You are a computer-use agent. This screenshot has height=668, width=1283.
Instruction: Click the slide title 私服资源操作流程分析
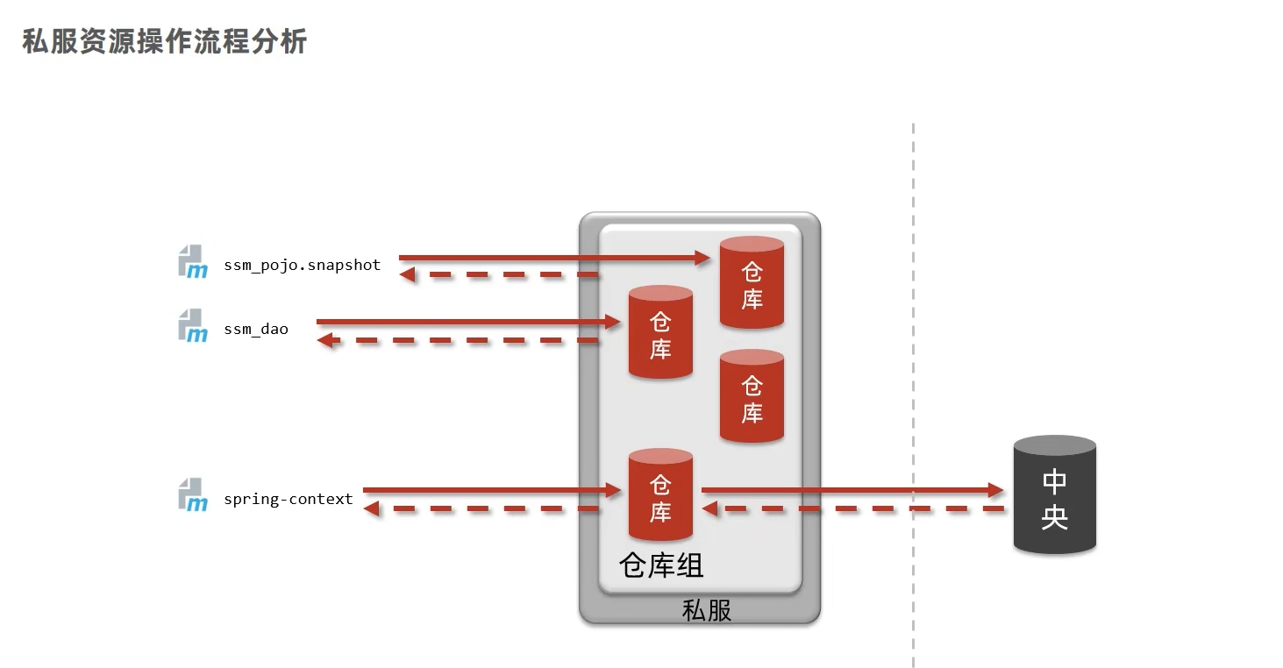click(164, 41)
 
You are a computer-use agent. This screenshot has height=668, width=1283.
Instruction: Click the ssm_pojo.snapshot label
click(302, 265)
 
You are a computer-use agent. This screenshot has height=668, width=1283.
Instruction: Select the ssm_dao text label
click(255, 330)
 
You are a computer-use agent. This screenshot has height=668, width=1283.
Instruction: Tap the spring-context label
click(288, 499)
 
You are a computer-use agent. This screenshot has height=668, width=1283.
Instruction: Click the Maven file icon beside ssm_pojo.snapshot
click(193, 261)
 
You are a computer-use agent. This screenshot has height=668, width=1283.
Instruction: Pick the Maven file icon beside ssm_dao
click(193, 325)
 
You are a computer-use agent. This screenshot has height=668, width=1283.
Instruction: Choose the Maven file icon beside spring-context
click(193, 494)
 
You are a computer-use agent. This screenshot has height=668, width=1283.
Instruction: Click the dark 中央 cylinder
click(1054, 495)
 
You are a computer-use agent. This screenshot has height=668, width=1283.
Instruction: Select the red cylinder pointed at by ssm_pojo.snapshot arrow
click(752, 282)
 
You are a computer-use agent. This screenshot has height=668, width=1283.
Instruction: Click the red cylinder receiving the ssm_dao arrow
click(660, 332)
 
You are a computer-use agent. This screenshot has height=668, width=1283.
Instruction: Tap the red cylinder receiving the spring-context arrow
click(660, 495)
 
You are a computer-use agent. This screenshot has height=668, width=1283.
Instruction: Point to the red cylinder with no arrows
click(752, 396)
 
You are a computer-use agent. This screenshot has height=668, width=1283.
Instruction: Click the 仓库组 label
click(661, 565)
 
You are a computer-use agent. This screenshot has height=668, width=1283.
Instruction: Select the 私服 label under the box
click(706, 610)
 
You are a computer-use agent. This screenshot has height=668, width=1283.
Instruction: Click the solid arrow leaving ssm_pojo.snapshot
click(552, 258)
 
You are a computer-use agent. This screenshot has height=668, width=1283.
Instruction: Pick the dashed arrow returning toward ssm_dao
click(456, 340)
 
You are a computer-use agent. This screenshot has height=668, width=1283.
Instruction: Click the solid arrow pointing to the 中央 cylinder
click(851, 490)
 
